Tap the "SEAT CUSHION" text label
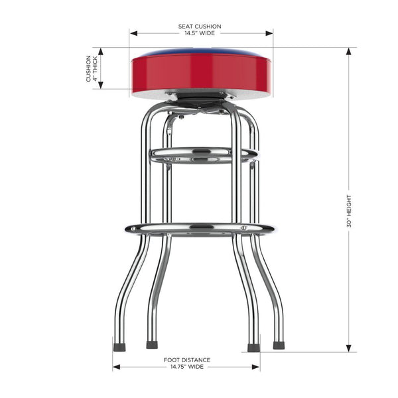click(x=200, y=27)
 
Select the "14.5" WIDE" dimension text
click(x=200, y=33)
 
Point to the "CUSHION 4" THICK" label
click(x=92, y=68)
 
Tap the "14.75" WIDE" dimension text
click(x=186, y=366)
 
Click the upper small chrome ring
click(x=203, y=155)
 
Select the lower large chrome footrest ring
click(x=200, y=230)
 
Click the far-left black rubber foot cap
click(x=119, y=346)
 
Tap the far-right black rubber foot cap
click(x=279, y=346)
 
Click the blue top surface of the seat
click(x=202, y=52)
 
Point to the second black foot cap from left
click(x=152, y=345)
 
